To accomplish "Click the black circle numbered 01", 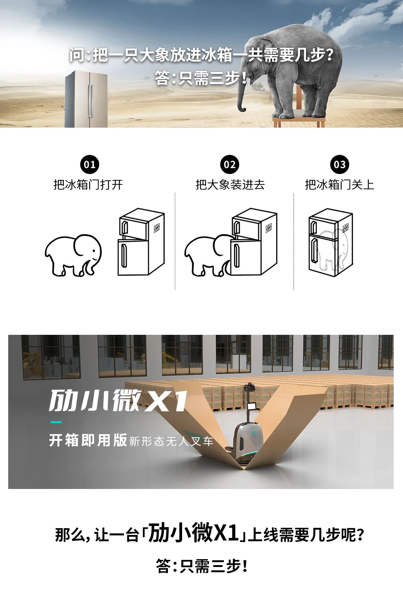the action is click(90, 164).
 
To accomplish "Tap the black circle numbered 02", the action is click(229, 164).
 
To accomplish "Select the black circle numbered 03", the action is click(340, 164).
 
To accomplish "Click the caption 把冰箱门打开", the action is click(88, 184).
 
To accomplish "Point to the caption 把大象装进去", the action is click(230, 184).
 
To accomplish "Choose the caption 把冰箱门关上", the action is click(340, 184).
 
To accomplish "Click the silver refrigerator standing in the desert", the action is click(87, 99).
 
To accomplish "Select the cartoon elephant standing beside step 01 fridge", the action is click(73, 256).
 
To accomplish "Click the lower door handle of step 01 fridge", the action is click(124, 256).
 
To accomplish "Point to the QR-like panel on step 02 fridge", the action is click(269, 228).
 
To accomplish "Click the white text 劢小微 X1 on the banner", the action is click(118, 401).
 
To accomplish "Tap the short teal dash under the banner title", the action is click(56, 422).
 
